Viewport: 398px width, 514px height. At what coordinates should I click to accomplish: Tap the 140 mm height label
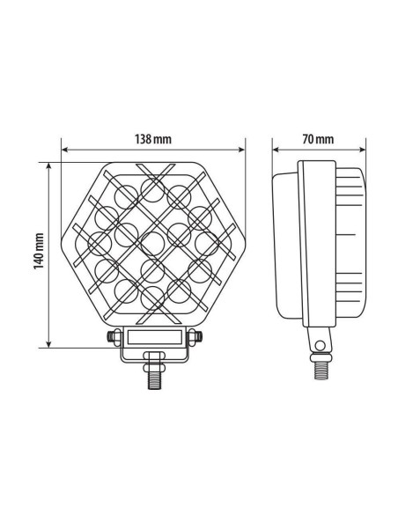coord(39,252)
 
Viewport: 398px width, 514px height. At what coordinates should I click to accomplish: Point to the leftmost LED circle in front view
coord(100,239)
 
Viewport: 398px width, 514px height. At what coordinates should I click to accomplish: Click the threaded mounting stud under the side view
coord(321,364)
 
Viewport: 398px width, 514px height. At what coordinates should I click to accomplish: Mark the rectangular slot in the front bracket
coord(155,336)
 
